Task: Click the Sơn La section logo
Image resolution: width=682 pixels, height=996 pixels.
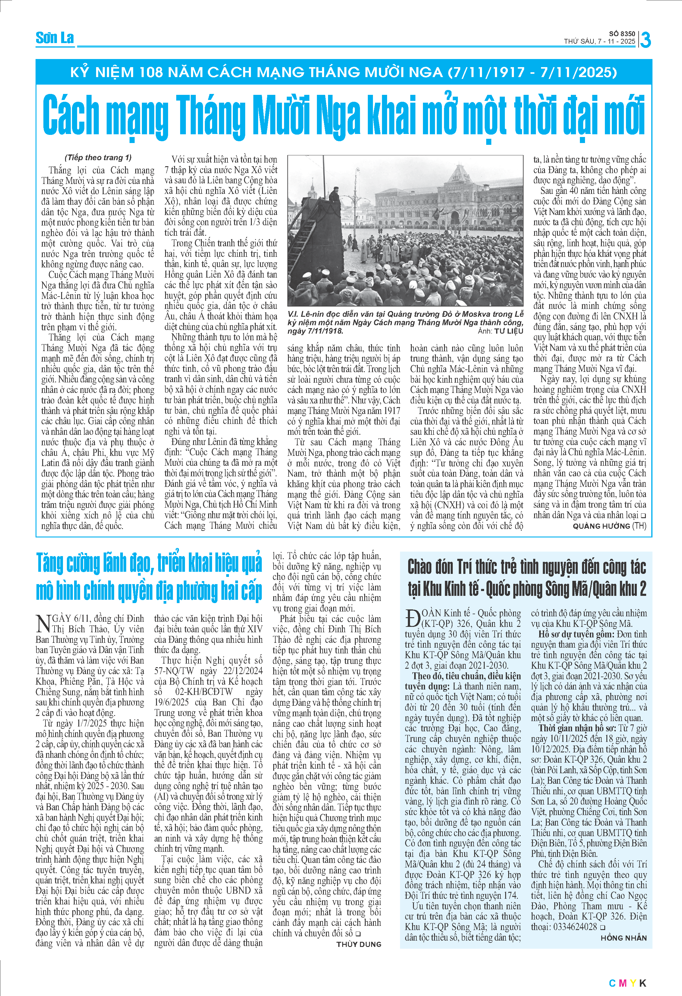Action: point(55,38)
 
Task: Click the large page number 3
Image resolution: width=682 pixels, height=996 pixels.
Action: point(645,40)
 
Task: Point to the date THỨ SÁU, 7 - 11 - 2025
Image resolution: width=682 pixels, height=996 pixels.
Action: point(599,42)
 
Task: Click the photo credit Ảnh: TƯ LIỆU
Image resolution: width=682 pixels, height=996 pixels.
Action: point(500,331)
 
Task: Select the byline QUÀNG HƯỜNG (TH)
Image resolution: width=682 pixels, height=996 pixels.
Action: point(609,526)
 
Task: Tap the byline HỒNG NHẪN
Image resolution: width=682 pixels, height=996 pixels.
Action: point(623,938)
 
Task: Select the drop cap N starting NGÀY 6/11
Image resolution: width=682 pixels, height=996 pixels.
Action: point(43,623)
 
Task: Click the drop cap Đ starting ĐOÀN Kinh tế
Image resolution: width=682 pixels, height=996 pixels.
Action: point(412,618)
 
